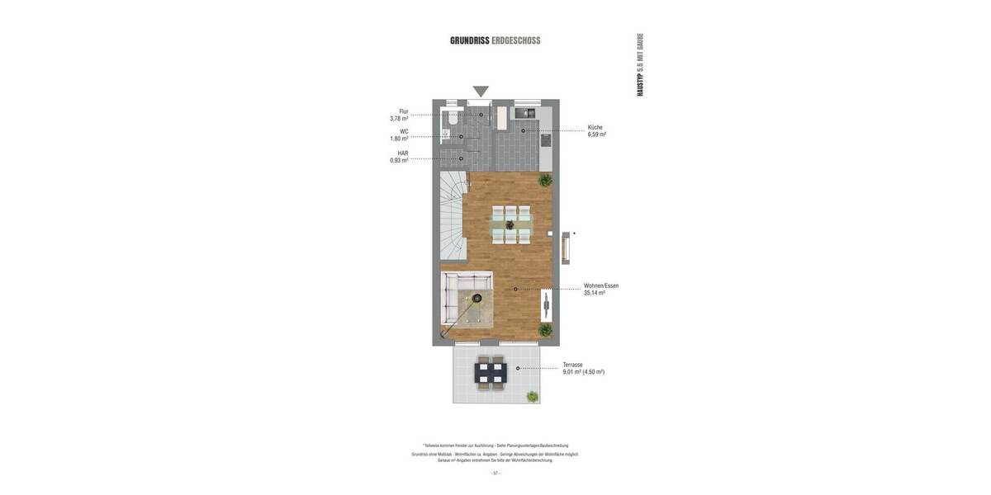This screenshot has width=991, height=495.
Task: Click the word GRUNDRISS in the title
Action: pos(469,40)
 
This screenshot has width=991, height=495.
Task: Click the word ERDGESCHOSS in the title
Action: pos(516,40)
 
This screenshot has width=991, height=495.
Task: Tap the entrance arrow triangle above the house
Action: pos(481,91)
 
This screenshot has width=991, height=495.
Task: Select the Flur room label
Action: pos(404,111)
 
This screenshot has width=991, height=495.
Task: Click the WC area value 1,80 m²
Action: pos(400,139)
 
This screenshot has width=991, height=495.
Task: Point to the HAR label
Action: pos(403,153)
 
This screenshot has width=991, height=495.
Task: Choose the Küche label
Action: pos(595,128)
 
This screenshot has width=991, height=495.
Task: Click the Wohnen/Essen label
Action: pos(601,285)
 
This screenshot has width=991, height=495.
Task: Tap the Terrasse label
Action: pos(573,365)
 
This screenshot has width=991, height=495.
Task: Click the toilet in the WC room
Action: pos(451,119)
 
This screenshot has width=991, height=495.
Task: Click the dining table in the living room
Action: pos(511,224)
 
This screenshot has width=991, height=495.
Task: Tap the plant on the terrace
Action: pos(533,397)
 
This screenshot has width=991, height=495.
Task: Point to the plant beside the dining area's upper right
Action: pos(545,179)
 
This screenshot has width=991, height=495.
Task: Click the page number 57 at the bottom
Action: pos(495,474)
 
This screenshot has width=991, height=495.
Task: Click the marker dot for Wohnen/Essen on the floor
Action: pos(515,289)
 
